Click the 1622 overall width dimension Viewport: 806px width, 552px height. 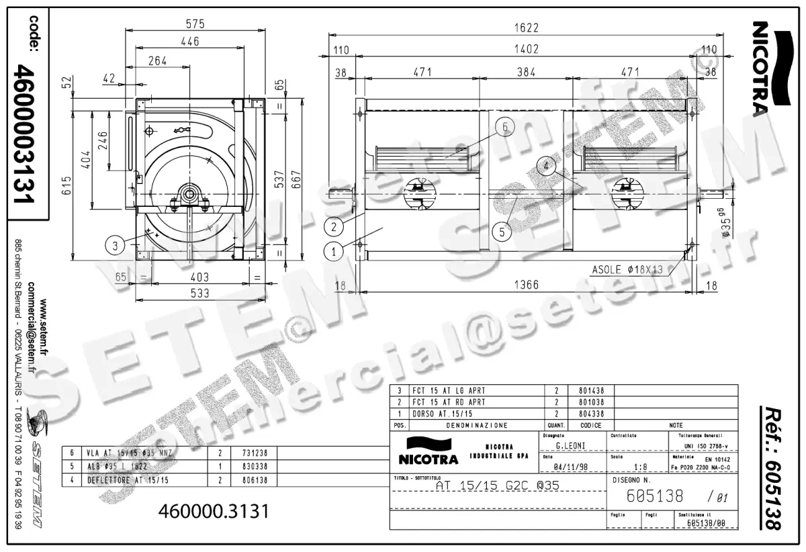[x=526, y=29]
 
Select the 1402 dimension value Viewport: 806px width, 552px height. [x=526, y=50]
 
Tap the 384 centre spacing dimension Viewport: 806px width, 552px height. [x=526, y=72]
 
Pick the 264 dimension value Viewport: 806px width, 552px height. [x=157, y=61]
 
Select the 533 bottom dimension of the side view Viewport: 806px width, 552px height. [x=199, y=293]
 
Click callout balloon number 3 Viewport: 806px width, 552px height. [x=116, y=246]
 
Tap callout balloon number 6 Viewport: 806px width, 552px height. [x=506, y=126]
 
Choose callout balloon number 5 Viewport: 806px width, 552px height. [x=501, y=232]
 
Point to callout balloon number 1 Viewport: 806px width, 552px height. [x=334, y=252]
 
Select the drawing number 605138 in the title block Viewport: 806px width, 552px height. [x=654, y=496]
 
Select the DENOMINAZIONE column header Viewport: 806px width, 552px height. [x=477, y=425]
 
